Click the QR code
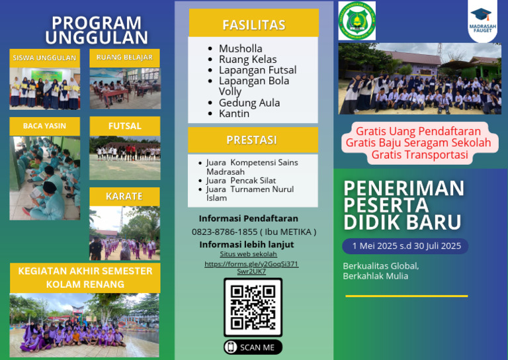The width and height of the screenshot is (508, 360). tap(253, 307)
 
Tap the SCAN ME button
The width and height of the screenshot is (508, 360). tap(253, 347)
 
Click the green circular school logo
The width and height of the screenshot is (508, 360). tap(357, 21)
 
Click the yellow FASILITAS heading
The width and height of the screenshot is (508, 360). tap(253, 25)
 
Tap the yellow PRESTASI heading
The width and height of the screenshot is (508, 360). tap(251, 140)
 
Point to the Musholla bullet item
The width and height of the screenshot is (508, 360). tap(240, 48)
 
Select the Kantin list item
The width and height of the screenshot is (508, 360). tap(234, 113)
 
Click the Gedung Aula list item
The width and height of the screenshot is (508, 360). tap(249, 103)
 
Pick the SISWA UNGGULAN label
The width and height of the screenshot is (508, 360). tap(44, 58)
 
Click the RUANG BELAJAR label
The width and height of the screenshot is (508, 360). tap(124, 58)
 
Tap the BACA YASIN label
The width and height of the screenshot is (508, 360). tap(44, 126)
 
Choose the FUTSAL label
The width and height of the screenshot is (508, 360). tap(124, 126)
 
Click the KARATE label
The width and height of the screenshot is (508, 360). tap(124, 196)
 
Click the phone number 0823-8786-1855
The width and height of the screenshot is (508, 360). tap(224, 232)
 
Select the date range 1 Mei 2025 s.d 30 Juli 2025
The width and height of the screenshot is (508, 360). tap(406, 246)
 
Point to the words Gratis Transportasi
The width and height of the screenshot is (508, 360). tap(419, 156)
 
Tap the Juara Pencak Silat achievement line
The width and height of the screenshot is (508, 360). tap(241, 180)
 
